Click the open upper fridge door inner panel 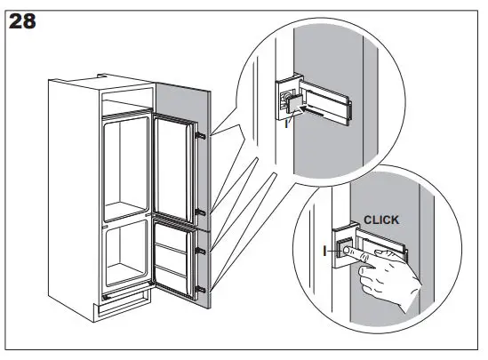coord(175,169)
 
